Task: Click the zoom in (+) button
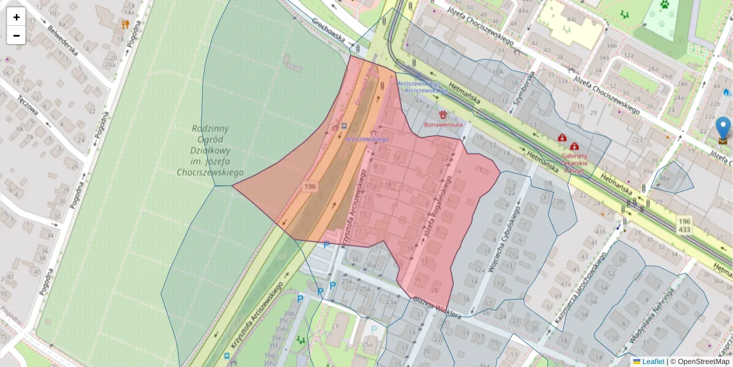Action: point(16,17)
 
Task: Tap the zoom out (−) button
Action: point(16,35)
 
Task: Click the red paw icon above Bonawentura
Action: point(443,114)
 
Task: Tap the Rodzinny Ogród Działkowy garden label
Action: point(210,150)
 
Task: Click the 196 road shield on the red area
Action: point(310,186)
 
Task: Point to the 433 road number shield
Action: point(684,230)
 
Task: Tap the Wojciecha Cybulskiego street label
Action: point(505,239)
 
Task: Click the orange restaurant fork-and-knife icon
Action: point(125,24)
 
